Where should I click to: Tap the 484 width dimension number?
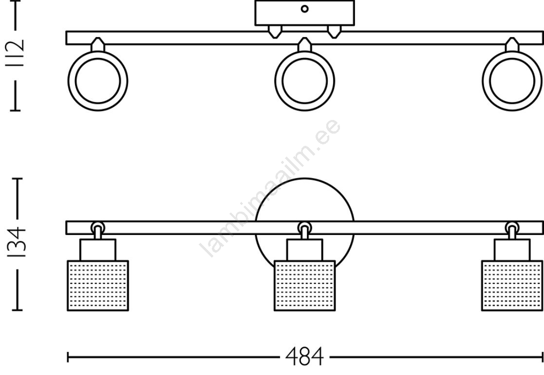click(304, 356)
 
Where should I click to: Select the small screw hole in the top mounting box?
click(304, 9)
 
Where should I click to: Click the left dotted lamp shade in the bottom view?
click(98, 286)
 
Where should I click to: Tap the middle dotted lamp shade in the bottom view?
click(304, 286)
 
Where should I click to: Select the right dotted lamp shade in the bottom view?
click(512, 286)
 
